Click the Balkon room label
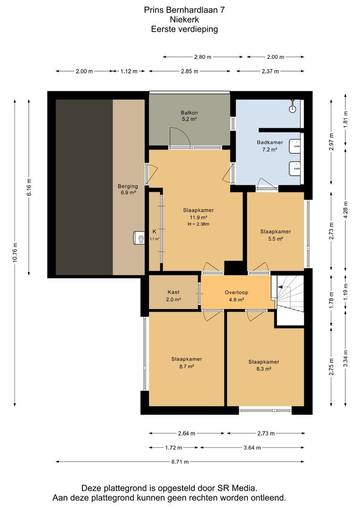click(x=189, y=116)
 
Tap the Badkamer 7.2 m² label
click(x=270, y=146)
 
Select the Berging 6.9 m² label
click(x=128, y=189)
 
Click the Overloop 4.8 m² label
click(x=237, y=296)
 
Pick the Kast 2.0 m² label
click(x=173, y=296)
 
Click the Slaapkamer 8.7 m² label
click(x=187, y=362)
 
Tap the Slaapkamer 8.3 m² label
click(x=264, y=365)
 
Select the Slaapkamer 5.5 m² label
click(x=276, y=235)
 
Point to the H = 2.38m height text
click(x=198, y=224)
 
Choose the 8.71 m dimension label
click(x=180, y=461)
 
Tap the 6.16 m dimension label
click(x=29, y=188)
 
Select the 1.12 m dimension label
click(x=129, y=71)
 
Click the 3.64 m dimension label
click(x=252, y=448)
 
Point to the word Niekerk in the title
click(x=184, y=19)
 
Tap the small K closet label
click(x=155, y=231)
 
